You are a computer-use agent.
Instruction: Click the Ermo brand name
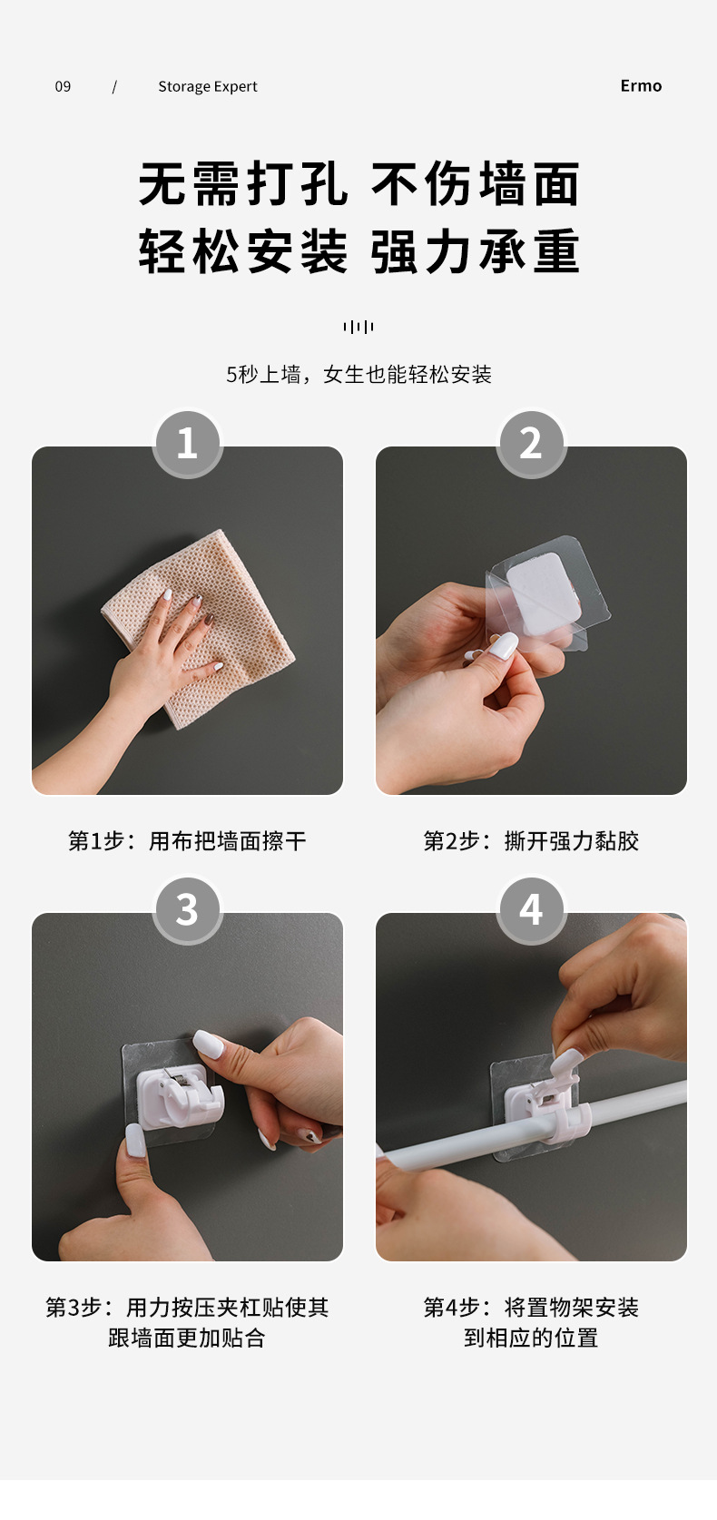[641, 85]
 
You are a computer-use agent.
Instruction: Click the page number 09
[63, 86]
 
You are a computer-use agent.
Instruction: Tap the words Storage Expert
[208, 86]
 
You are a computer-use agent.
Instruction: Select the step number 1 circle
[187, 443]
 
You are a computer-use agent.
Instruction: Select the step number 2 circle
[531, 443]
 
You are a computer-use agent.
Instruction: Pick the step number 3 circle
[187, 909]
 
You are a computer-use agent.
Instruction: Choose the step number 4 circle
[531, 909]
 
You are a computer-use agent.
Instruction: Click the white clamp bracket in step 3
[180, 1093]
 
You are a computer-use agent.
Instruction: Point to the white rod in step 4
[531, 1119]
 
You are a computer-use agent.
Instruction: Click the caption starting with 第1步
[187, 840]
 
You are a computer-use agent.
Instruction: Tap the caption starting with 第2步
[531, 840]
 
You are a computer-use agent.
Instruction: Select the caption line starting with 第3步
[187, 1307]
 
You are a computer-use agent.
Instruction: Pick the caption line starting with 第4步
[531, 1307]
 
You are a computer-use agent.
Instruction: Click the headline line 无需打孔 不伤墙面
[359, 184]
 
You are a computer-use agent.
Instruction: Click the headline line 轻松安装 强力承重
[359, 251]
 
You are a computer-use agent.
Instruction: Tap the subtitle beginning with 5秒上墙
[358, 374]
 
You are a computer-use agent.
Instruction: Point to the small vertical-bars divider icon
[358, 327]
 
